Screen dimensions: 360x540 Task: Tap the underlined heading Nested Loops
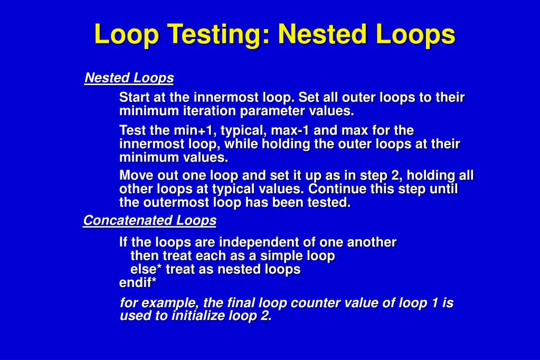pos(129,78)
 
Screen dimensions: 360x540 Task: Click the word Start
pos(135,98)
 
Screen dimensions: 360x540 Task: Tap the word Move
pos(136,175)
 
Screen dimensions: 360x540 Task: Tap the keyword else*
pos(146,269)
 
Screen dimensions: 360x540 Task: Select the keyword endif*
pos(138,283)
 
